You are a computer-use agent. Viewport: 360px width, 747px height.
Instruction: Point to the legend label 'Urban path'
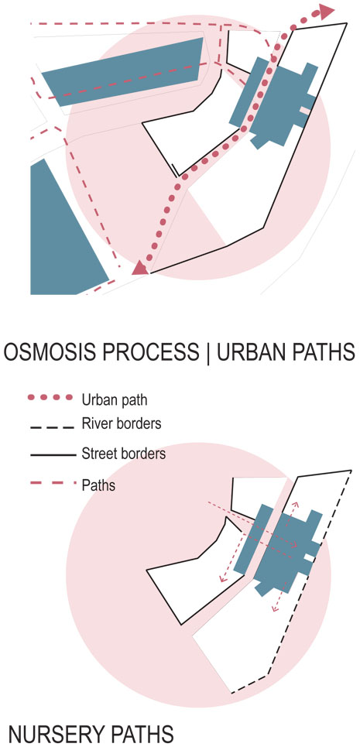point(115,399)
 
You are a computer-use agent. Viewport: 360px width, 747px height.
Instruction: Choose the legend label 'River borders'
point(121,423)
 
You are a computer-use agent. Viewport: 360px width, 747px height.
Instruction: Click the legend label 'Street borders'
point(123,454)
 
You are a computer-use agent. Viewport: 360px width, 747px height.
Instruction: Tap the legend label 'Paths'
point(98,486)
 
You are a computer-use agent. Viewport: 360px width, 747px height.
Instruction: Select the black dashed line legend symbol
point(53,427)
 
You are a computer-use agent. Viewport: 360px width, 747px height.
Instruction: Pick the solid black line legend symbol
point(53,456)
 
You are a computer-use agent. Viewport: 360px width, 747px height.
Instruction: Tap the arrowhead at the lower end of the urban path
point(139,268)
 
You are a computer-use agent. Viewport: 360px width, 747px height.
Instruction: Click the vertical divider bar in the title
point(208,353)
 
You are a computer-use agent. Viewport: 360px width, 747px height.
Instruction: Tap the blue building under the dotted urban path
point(274,102)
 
